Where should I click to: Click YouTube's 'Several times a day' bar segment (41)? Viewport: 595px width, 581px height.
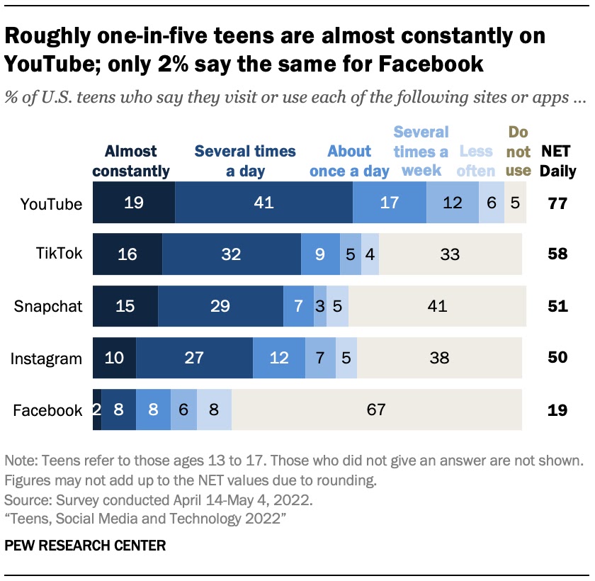(x=263, y=203)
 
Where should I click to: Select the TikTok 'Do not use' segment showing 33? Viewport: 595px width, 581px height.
(x=450, y=255)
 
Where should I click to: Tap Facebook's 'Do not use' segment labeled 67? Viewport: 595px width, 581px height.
(x=377, y=410)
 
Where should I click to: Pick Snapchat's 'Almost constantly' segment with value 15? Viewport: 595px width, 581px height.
(x=125, y=307)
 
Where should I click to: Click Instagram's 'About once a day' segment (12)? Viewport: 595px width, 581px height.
(x=279, y=358)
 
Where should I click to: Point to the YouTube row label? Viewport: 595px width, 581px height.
(x=52, y=204)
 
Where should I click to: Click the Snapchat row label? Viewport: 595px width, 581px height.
(x=49, y=307)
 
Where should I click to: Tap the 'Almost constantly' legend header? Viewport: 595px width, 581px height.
(x=131, y=161)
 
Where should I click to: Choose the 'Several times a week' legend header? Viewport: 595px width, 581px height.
(x=421, y=151)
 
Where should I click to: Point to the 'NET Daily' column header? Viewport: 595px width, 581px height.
(x=558, y=161)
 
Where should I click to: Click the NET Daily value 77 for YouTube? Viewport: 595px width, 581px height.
(x=557, y=204)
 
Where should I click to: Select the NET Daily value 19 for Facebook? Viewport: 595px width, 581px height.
(x=557, y=410)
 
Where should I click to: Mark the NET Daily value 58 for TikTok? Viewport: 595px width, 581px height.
(x=557, y=255)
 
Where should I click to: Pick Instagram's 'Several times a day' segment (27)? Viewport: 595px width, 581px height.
(x=194, y=358)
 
